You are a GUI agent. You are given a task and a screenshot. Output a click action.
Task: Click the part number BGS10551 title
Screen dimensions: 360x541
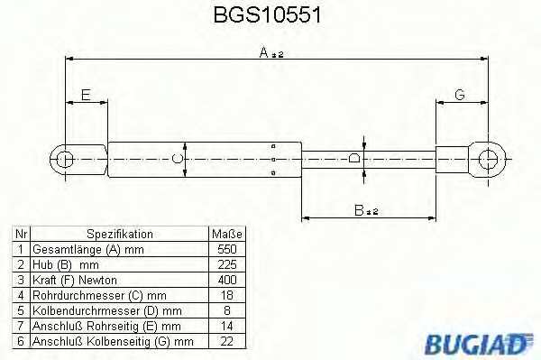pos(270,15)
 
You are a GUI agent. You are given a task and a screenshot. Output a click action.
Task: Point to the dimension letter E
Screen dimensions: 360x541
pos(86,95)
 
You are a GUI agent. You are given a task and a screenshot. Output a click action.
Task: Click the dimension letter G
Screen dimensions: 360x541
pos(459,95)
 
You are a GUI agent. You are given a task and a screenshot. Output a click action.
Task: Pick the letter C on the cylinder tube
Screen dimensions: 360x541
pos(178,160)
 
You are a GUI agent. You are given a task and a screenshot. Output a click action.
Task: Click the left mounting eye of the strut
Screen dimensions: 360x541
pos(65,160)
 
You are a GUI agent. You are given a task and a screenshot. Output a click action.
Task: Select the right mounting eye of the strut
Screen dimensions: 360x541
pos(491,160)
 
